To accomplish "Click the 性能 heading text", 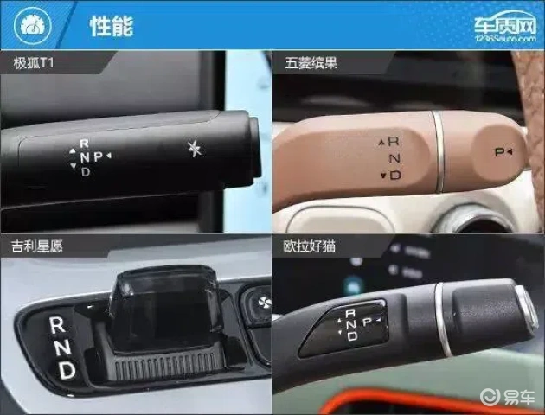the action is [112, 26].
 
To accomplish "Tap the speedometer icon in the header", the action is [33, 25].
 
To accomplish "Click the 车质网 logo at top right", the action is [506, 27].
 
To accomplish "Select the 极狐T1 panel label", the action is [34, 63].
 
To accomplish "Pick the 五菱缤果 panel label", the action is [311, 63].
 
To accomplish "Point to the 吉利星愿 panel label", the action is [37, 246].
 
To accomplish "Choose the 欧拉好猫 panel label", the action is [310, 246].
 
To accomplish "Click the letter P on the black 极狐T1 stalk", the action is [98, 156].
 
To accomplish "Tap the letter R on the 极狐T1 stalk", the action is [84, 143].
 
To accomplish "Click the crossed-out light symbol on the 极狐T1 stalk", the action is [195, 149].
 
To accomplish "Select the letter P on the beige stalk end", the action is [499, 152].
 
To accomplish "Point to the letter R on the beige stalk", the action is [394, 141].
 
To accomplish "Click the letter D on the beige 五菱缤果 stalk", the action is [395, 175].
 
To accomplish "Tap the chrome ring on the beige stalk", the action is [439, 151].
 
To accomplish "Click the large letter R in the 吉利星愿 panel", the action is [57, 325].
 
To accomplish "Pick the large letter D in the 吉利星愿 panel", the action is [67, 370].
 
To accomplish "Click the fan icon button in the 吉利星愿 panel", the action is [264, 303].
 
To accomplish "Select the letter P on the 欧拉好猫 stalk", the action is [367, 322].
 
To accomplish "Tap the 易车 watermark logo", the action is [508, 398].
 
